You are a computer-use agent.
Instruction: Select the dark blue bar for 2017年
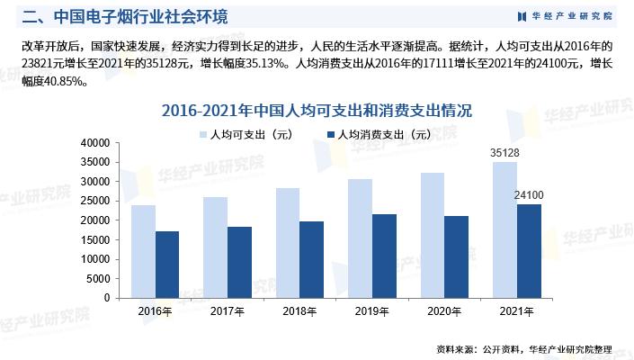239,262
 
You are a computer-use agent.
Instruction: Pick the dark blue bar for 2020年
456,256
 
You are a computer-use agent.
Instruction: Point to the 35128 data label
505,153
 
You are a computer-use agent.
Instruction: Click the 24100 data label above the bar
529,194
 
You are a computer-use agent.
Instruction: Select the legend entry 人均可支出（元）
246,135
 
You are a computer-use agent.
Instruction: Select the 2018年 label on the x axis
299,310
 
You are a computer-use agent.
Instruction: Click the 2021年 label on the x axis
516,310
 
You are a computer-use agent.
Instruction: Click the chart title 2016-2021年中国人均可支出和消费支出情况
317,111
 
